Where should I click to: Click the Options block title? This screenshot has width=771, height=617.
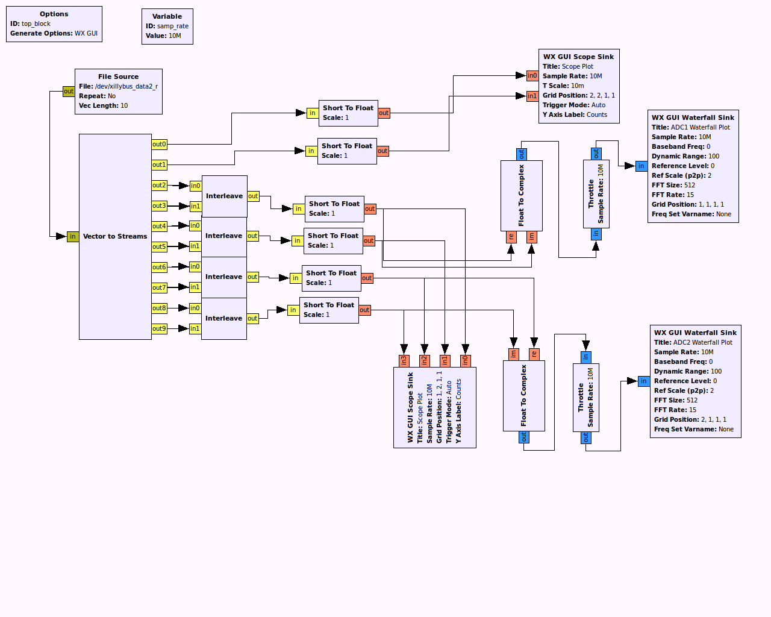[54, 14]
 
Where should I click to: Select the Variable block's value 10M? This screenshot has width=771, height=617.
[175, 36]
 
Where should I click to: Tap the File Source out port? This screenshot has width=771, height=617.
[69, 92]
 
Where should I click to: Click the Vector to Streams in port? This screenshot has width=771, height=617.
[73, 237]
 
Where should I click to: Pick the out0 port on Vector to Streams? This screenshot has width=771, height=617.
[159, 145]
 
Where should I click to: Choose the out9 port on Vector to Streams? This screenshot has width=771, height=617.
[159, 329]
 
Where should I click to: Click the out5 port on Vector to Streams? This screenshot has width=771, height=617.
[159, 247]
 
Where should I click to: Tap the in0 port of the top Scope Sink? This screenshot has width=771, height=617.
[532, 76]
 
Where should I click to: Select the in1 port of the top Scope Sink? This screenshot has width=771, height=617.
[532, 96]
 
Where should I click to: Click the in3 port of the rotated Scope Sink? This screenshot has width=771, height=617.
[404, 360]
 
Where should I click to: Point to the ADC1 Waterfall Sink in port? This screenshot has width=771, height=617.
[641, 166]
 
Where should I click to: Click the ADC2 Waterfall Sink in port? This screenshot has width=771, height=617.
[644, 381]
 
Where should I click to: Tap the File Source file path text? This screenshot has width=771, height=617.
[126, 86]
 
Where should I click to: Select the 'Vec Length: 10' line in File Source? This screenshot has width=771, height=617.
[103, 105]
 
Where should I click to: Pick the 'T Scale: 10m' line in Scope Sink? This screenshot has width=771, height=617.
[563, 86]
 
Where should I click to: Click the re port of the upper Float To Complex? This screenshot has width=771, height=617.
[511, 237]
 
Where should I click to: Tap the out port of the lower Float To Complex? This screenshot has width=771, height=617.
[524, 437]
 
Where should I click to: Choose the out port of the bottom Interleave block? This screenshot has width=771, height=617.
[252, 319]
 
